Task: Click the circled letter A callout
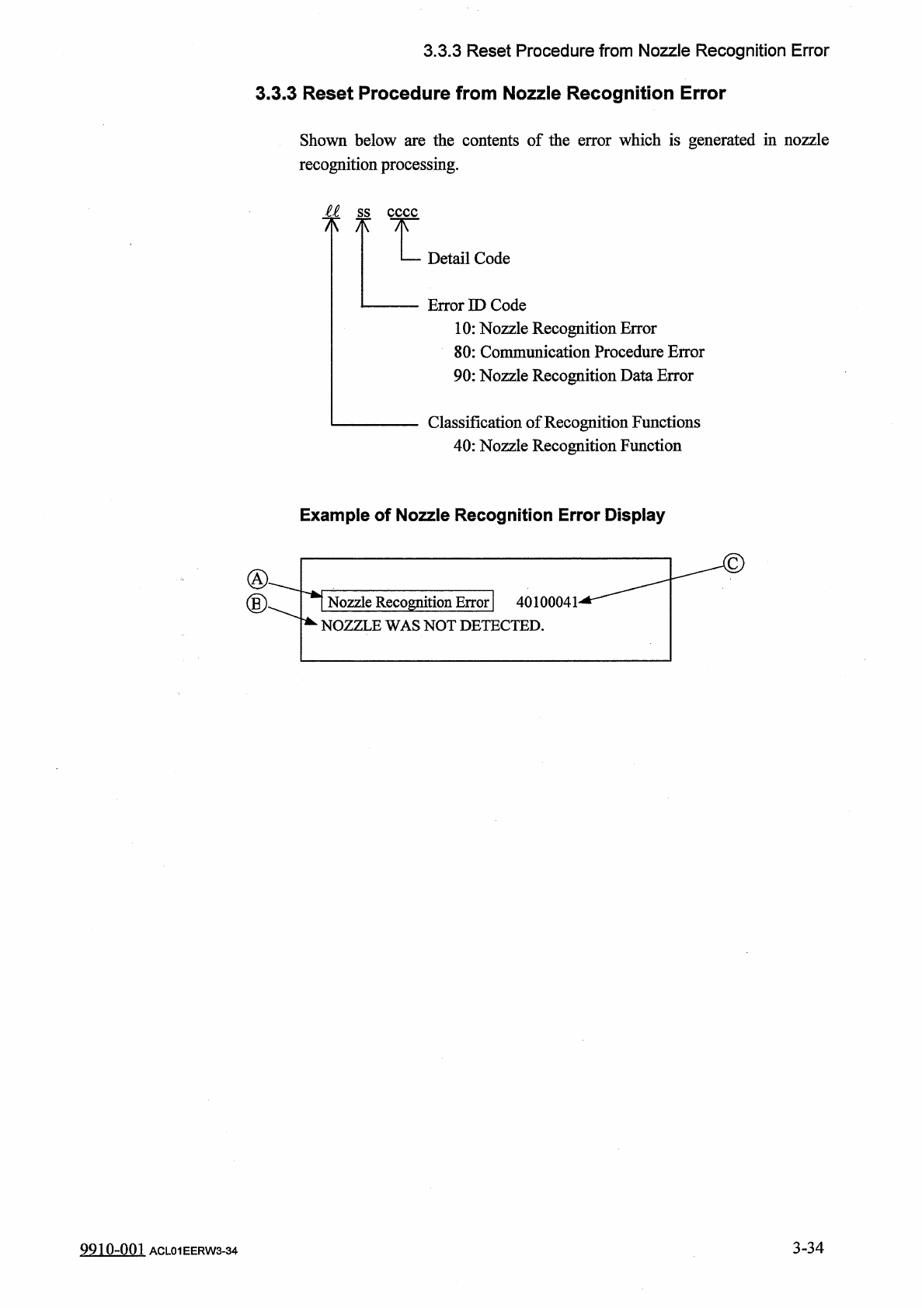point(256,579)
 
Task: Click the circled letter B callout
point(256,604)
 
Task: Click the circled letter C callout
point(733,562)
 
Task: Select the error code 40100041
point(547,603)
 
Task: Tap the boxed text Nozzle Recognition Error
point(408,602)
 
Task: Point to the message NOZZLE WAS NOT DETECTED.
point(433,626)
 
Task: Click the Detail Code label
point(468,259)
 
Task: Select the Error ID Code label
point(477,305)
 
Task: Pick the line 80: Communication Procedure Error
point(579,352)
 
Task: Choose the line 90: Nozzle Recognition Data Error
point(573,376)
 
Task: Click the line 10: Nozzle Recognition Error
point(555,329)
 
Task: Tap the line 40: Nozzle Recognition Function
point(567,446)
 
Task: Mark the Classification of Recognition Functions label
point(564,423)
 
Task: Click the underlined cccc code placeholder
point(402,212)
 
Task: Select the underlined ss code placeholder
point(363,212)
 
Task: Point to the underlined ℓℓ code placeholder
point(332,211)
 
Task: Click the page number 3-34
point(808,1248)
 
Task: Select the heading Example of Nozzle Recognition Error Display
point(482,516)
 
